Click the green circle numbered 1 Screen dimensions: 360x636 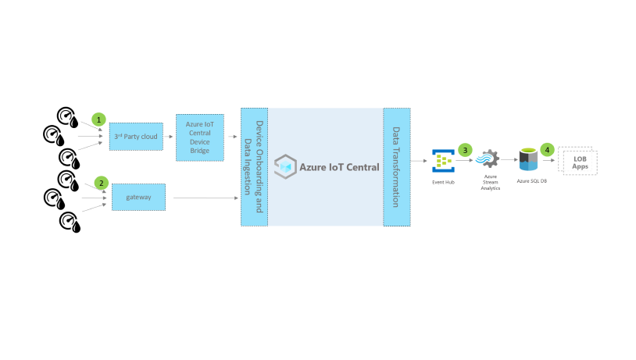tap(98, 119)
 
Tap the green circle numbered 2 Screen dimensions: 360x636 tap(101, 183)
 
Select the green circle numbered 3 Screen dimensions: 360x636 tap(466, 148)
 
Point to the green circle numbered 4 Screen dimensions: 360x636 tap(547, 148)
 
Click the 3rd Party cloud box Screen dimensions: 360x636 tap(136, 137)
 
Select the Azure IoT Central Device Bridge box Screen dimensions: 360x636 tap(199, 137)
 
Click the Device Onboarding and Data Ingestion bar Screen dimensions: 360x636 tap(254, 166)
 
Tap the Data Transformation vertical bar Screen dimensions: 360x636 tap(397, 166)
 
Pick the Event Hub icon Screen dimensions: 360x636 tap(443, 161)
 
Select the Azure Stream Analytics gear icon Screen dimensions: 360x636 tap(490, 159)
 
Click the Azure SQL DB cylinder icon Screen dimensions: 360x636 tap(531, 159)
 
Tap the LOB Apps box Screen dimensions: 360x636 tap(579, 162)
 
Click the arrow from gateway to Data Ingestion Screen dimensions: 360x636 tap(206, 198)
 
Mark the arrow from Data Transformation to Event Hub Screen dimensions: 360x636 tap(420, 162)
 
